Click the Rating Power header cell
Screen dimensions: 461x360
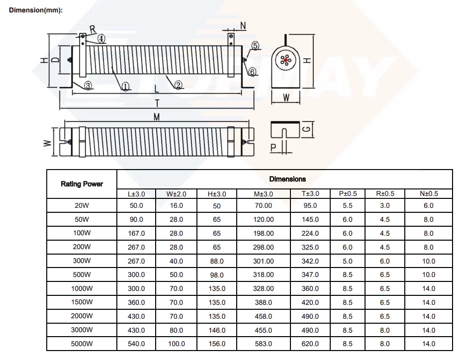click(x=82, y=184)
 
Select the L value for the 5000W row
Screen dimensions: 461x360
click(x=136, y=344)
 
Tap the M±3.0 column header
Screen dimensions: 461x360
click(x=264, y=194)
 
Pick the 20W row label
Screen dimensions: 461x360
click(x=82, y=205)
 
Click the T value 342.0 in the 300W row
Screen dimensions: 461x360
click(x=310, y=261)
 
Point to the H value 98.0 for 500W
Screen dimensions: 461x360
click(x=217, y=275)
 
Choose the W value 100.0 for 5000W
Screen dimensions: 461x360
click(x=177, y=344)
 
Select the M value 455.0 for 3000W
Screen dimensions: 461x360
click(x=264, y=330)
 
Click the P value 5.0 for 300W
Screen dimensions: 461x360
click(x=348, y=261)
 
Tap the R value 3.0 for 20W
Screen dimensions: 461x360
click(x=385, y=205)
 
